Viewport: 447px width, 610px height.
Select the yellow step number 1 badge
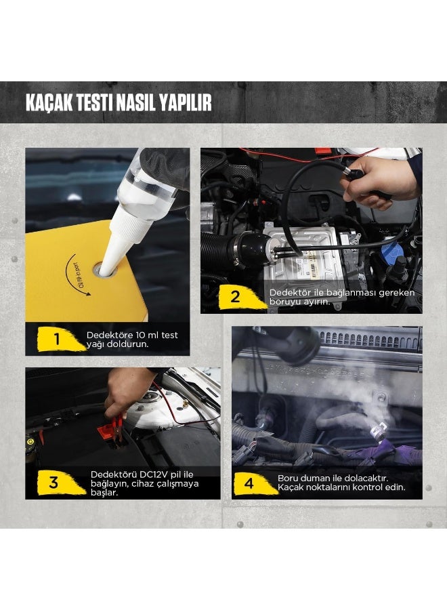(x=57, y=339)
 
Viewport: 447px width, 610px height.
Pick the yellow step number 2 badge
(x=235, y=296)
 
